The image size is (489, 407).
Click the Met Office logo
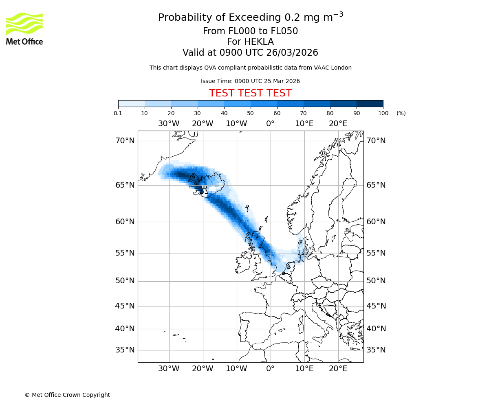pyautogui.click(x=24, y=28)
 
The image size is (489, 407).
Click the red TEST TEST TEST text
pyautogui.click(x=250, y=93)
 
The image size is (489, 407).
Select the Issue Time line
pyautogui.click(x=250, y=81)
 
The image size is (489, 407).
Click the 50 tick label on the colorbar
pyautogui.click(x=250, y=113)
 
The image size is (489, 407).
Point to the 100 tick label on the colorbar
pyautogui.click(x=383, y=113)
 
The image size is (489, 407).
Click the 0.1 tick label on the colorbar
pyautogui.click(x=118, y=113)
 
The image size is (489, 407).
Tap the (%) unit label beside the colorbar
pyautogui.click(x=401, y=113)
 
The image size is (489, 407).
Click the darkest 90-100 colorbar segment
pyautogui.click(x=370, y=103)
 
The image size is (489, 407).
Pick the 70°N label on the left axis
pyautogui.click(x=125, y=141)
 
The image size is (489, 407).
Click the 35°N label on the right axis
pyautogui.click(x=376, y=350)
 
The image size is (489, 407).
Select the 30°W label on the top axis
pyautogui.click(x=169, y=124)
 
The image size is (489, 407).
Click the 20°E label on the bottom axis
pyautogui.click(x=338, y=369)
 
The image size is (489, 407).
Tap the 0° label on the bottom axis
pyautogui.click(x=270, y=369)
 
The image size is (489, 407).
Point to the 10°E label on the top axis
pyautogui.click(x=304, y=124)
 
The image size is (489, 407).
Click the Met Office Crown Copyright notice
pyautogui.click(x=67, y=395)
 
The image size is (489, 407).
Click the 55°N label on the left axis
pyautogui.click(x=125, y=253)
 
